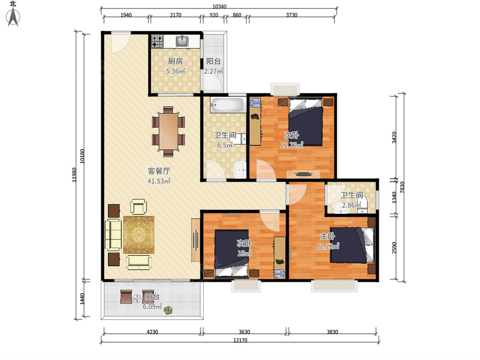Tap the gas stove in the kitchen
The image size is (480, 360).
click(x=158, y=41)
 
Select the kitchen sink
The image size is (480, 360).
click(x=182, y=41)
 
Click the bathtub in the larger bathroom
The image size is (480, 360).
click(x=227, y=105)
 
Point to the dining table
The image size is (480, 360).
click(x=168, y=131)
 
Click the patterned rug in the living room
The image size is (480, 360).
click(x=139, y=235)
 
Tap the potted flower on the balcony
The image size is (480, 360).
click(x=168, y=310)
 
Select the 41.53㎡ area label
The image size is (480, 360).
click(x=159, y=181)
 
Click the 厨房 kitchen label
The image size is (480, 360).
click(x=175, y=62)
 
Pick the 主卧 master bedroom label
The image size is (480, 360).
click(x=328, y=236)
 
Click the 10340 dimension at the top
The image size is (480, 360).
click(x=219, y=6)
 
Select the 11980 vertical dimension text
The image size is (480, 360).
click(x=74, y=175)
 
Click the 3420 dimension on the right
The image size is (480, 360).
click(x=394, y=138)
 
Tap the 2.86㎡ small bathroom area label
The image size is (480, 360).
click(x=352, y=205)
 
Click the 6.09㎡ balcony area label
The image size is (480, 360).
click(x=152, y=306)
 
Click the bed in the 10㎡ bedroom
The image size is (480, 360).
click(x=232, y=254)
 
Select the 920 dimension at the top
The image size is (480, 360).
click(x=214, y=15)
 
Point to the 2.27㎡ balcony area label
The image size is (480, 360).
click(x=214, y=71)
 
